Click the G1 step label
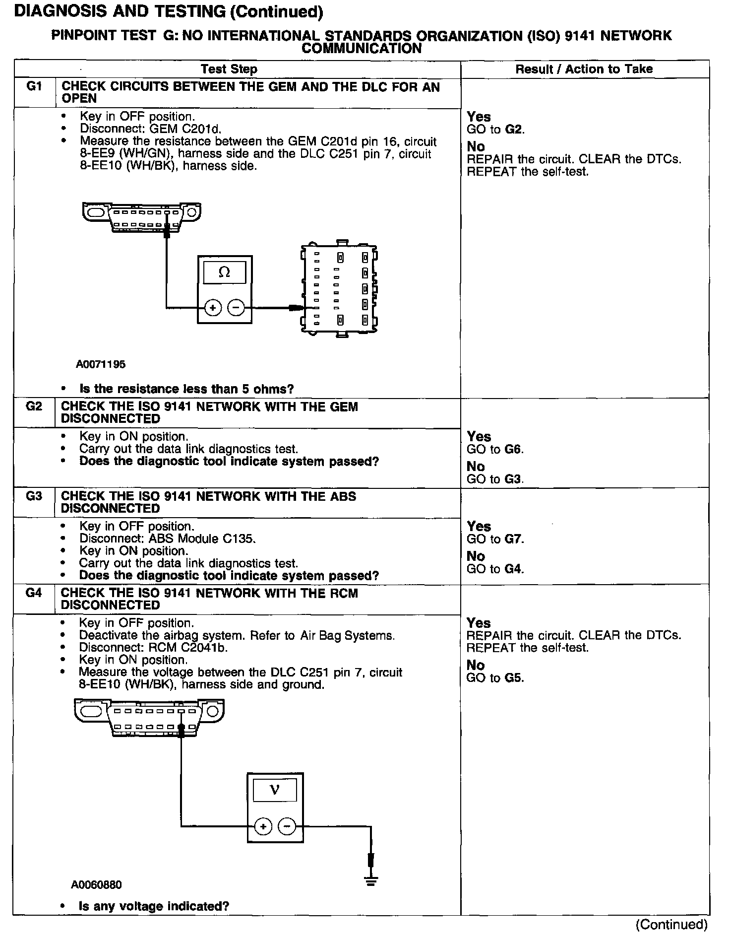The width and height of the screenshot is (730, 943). tap(34, 86)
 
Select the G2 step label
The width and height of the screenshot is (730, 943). tap(34, 406)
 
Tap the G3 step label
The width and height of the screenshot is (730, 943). tap(34, 496)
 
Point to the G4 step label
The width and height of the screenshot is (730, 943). tap(34, 593)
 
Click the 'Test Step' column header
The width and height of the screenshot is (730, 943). tap(229, 69)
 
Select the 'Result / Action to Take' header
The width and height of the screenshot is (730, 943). tap(584, 69)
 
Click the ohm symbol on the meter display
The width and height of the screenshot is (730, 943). tap(225, 272)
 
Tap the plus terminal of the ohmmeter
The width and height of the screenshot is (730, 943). tap(213, 308)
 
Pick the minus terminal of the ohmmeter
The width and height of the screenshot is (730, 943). tap(236, 308)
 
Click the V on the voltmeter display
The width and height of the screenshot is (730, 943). tap(274, 790)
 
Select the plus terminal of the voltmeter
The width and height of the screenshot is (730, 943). tap(263, 826)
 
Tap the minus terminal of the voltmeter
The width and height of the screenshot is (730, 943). tap(287, 826)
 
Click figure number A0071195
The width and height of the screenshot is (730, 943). tap(101, 364)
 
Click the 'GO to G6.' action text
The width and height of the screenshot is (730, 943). tap(495, 449)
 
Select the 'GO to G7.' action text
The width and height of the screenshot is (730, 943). tap(495, 539)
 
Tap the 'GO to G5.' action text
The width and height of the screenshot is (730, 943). tap(495, 678)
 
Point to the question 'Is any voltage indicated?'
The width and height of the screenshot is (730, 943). tap(154, 906)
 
